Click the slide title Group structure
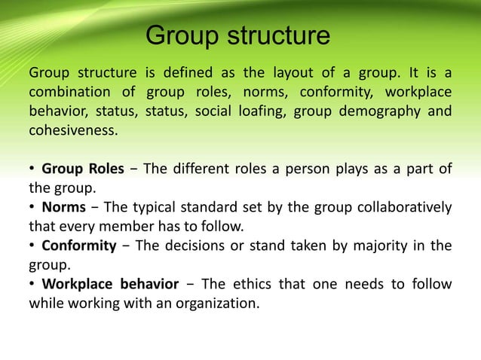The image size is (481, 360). pyautogui.click(x=237, y=35)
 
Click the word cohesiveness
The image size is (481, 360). pyautogui.click(x=73, y=130)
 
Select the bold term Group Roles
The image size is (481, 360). pyautogui.click(x=82, y=168)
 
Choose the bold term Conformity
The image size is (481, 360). pyautogui.click(x=78, y=245)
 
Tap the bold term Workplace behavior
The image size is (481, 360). pyautogui.click(x=110, y=283)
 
